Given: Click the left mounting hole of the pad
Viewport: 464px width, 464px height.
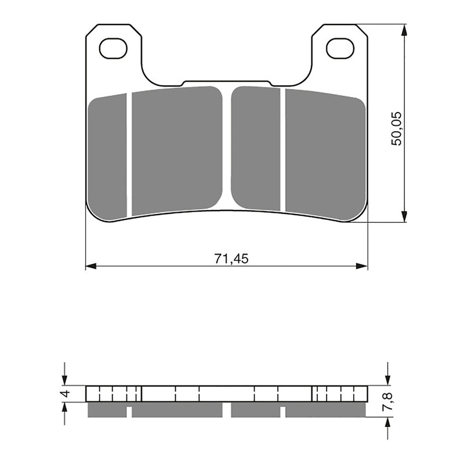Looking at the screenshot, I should pos(113,48).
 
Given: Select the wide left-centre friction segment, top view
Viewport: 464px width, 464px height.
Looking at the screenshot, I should pos(176,151).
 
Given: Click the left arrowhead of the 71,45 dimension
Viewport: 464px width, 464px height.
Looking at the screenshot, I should pos(90,266).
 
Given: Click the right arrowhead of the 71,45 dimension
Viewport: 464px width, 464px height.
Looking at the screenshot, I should pos(363,266).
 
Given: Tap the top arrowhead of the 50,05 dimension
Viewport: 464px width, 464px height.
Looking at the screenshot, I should pos(404,28).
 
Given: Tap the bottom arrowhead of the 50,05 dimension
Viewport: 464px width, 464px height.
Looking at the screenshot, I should pos(404,217).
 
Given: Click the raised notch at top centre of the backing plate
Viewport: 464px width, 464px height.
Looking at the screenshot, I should pos(226,82).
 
